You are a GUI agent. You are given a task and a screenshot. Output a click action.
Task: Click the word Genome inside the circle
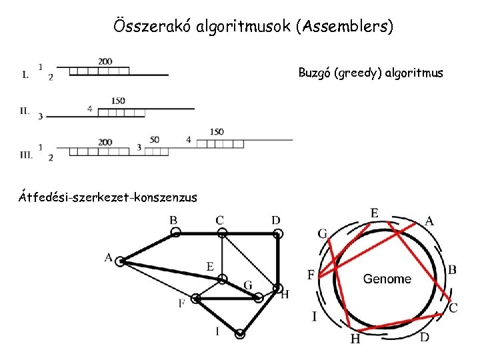pos(387,279)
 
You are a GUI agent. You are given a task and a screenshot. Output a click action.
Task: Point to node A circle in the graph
pos(120,262)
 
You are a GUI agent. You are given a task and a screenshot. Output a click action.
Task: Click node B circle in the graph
pos(176,233)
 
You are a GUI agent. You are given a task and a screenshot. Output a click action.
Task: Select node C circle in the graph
pos(223,233)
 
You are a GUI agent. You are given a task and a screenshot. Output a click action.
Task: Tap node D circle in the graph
pos(279,233)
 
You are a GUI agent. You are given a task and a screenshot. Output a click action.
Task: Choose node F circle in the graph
pos(196,299)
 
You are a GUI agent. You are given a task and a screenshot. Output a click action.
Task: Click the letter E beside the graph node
pos(209,267)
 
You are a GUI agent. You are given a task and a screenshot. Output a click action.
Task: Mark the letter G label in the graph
pos(247,285)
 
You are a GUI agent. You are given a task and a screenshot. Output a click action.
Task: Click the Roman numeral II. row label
pos(24,111)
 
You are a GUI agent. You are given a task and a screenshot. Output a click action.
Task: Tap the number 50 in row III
pos(155,140)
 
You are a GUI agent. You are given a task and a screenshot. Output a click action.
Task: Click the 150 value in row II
pos(118,101)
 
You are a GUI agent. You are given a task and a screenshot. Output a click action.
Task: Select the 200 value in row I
pos(105,61)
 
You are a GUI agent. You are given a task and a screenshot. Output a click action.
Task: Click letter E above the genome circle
pos(375,213)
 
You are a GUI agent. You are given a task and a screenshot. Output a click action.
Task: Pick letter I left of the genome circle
pos(314,316)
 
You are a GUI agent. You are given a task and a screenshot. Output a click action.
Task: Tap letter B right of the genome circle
pos(452,270)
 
